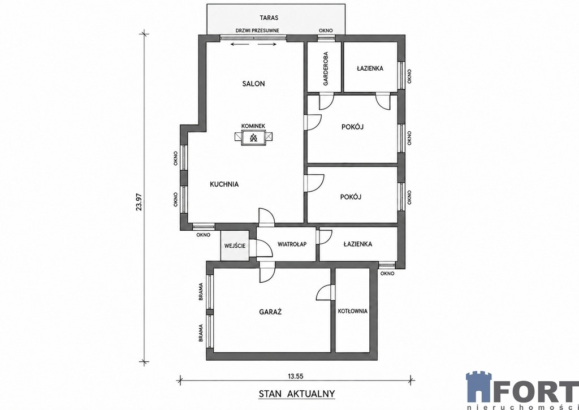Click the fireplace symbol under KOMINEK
253,138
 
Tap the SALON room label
253,84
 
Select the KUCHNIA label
224,184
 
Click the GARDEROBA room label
325,68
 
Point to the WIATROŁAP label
292,244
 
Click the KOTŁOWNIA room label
353,311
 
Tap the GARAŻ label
270,312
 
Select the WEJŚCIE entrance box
235,245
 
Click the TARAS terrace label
269,18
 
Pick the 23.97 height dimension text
139,202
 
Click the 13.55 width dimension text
295,377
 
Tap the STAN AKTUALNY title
297,394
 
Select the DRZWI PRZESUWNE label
257,31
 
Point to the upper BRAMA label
201,292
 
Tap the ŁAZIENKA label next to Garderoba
370,68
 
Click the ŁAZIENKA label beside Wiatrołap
357,244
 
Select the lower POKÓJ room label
351,197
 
